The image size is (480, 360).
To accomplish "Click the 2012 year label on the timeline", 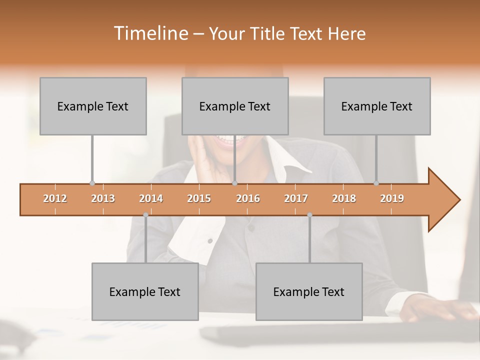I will [x=55, y=198].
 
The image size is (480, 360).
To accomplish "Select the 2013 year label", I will [x=103, y=198].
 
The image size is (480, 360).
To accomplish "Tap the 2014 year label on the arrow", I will [x=151, y=198].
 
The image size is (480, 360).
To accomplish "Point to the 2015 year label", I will [x=199, y=198].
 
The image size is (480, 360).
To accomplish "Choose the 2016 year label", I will [x=248, y=198].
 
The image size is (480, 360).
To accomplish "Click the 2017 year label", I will [x=296, y=198].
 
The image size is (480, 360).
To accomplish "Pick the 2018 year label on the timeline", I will [x=344, y=198].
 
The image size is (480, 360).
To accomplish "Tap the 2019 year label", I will [x=392, y=198].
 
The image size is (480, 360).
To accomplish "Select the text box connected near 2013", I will [x=93, y=106].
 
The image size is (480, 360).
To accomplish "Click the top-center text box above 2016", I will [x=235, y=106].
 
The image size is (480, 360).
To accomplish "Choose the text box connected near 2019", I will [x=377, y=106].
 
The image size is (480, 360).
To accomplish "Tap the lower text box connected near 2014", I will [x=145, y=291].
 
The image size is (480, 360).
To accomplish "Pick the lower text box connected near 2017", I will [x=309, y=291].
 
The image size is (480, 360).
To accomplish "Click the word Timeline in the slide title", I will [x=150, y=33].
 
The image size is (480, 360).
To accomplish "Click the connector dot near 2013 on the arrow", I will [x=92, y=183].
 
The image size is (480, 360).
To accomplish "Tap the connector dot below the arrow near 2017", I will [x=309, y=215].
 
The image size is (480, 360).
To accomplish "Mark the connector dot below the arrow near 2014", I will [x=145, y=215].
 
